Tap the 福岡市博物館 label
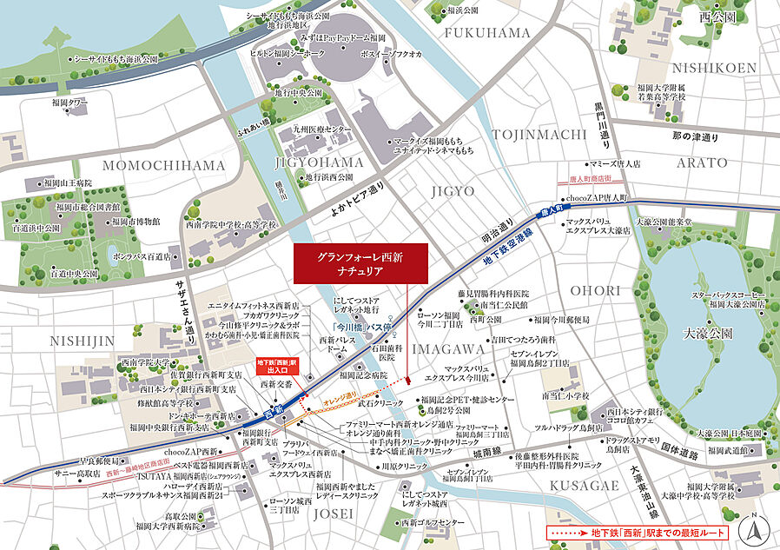(x=136, y=222)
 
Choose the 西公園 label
(x=717, y=17)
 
